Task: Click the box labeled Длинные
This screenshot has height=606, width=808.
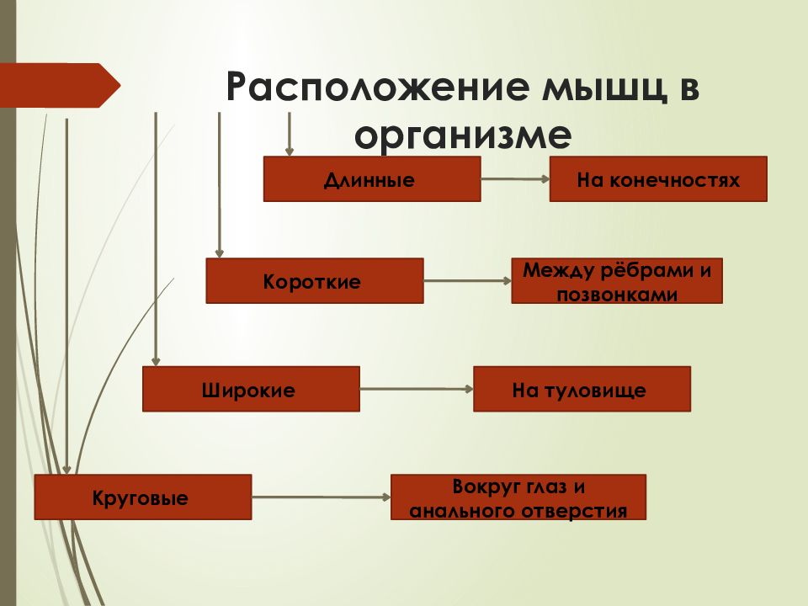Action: pyautogui.click(x=372, y=178)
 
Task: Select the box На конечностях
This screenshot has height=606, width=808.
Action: pyautogui.click(x=658, y=178)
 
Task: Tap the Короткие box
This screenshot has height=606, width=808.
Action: pyautogui.click(x=314, y=281)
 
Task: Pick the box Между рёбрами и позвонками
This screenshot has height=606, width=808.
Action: pyautogui.click(x=617, y=281)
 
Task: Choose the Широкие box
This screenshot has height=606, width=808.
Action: pyautogui.click(x=251, y=389)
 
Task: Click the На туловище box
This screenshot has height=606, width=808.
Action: pyautogui.click(x=582, y=389)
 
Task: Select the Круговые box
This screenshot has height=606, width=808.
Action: pyautogui.click(x=143, y=497)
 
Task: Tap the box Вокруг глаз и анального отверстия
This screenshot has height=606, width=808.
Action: pyautogui.click(x=518, y=497)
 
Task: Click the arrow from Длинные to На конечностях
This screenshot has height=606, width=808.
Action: pyautogui.click(x=515, y=178)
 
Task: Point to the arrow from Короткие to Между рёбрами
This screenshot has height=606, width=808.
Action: pyautogui.click(x=467, y=281)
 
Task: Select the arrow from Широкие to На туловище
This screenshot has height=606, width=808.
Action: pyautogui.click(x=417, y=389)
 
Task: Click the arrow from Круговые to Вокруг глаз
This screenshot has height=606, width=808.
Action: pyautogui.click(x=321, y=497)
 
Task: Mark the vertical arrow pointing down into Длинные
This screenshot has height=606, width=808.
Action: pyautogui.click(x=289, y=134)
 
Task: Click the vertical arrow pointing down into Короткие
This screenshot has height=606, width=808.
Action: pyautogui.click(x=219, y=185)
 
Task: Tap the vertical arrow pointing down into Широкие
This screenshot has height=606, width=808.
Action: pyautogui.click(x=156, y=239)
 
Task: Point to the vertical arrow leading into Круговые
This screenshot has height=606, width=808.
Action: pyautogui.click(x=66, y=296)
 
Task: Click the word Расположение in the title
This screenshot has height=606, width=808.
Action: pyautogui.click(x=377, y=87)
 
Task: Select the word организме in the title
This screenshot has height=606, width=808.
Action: pyautogui.click(x=463, y=135)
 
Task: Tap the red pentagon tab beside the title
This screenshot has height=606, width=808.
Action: pyautogui.click(x=60, y=86)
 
